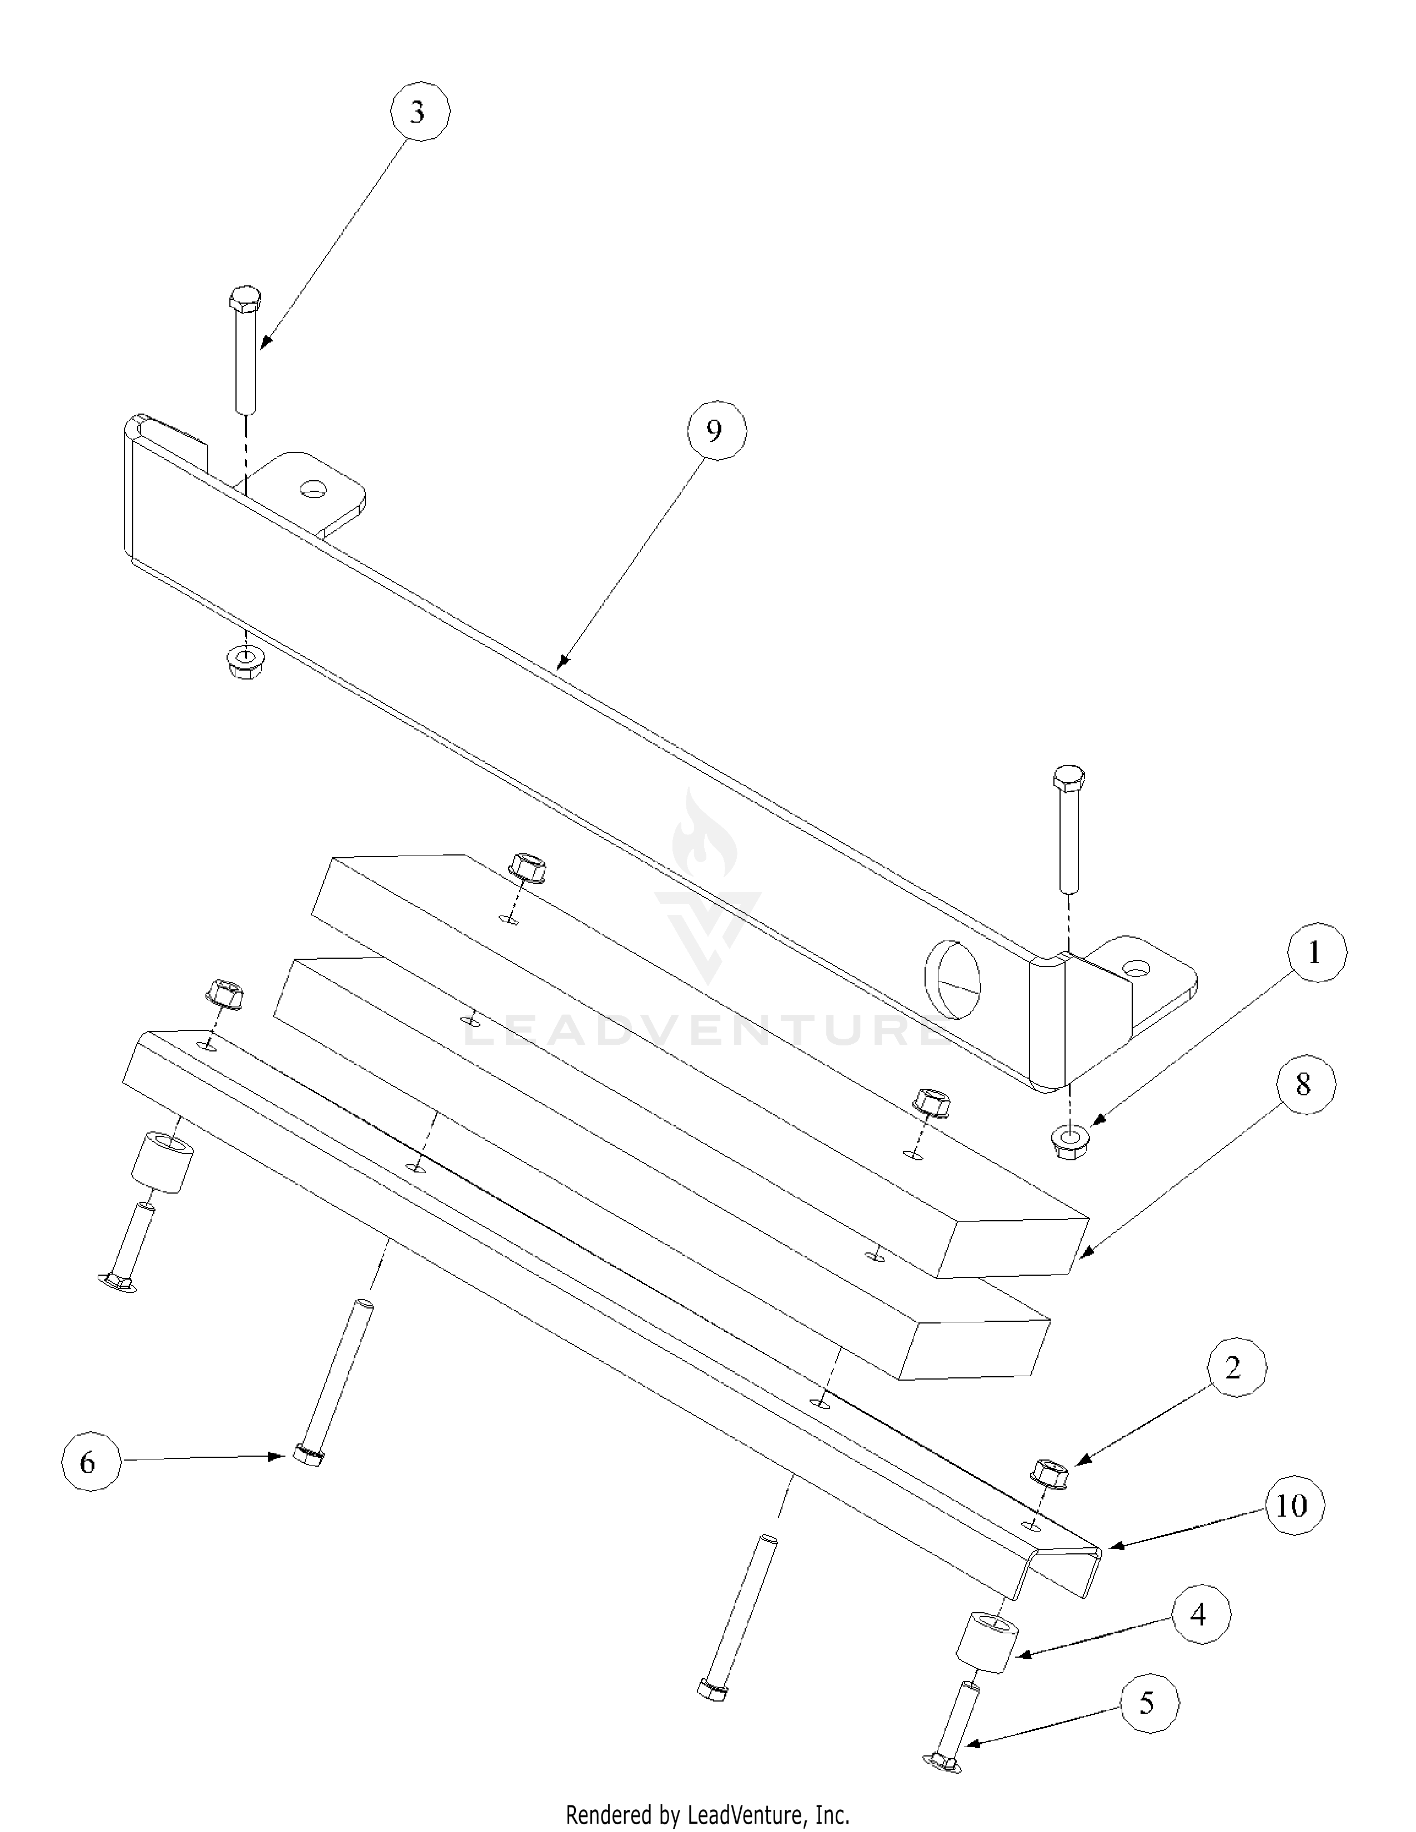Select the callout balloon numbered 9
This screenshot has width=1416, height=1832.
(714, 431)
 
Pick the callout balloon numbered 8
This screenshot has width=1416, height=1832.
(1303, 1085)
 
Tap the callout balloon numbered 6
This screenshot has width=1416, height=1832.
(88, 1463)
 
